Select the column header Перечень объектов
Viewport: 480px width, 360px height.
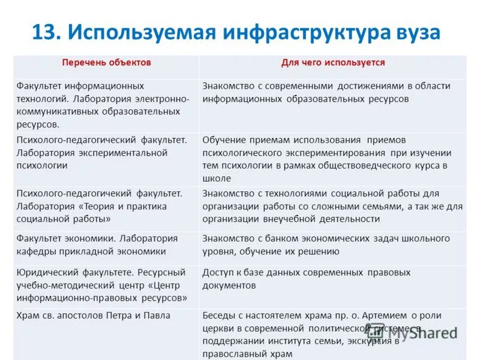tap(107, 62)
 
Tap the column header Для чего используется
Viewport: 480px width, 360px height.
tap(333, 62)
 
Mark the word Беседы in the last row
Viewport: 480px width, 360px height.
tap(218, 315)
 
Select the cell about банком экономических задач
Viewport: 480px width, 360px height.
tap(333, 245)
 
